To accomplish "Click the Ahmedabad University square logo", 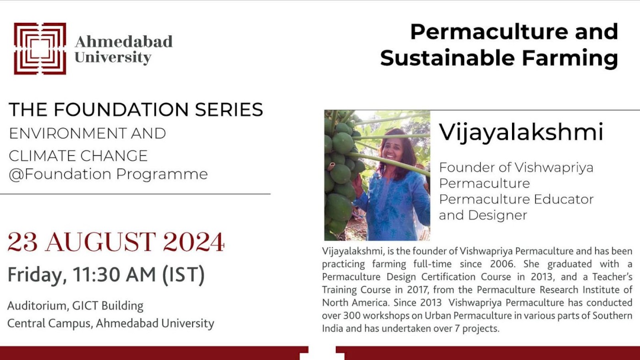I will [40, 48].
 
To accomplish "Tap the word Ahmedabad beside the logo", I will [123, 42].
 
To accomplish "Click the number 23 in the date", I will [22, 243].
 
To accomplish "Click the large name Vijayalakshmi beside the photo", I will [521, 132].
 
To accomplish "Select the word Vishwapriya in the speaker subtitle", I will [554, 168].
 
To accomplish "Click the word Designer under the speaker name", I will [502, 215].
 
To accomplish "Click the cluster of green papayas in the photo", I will [341, 174].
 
